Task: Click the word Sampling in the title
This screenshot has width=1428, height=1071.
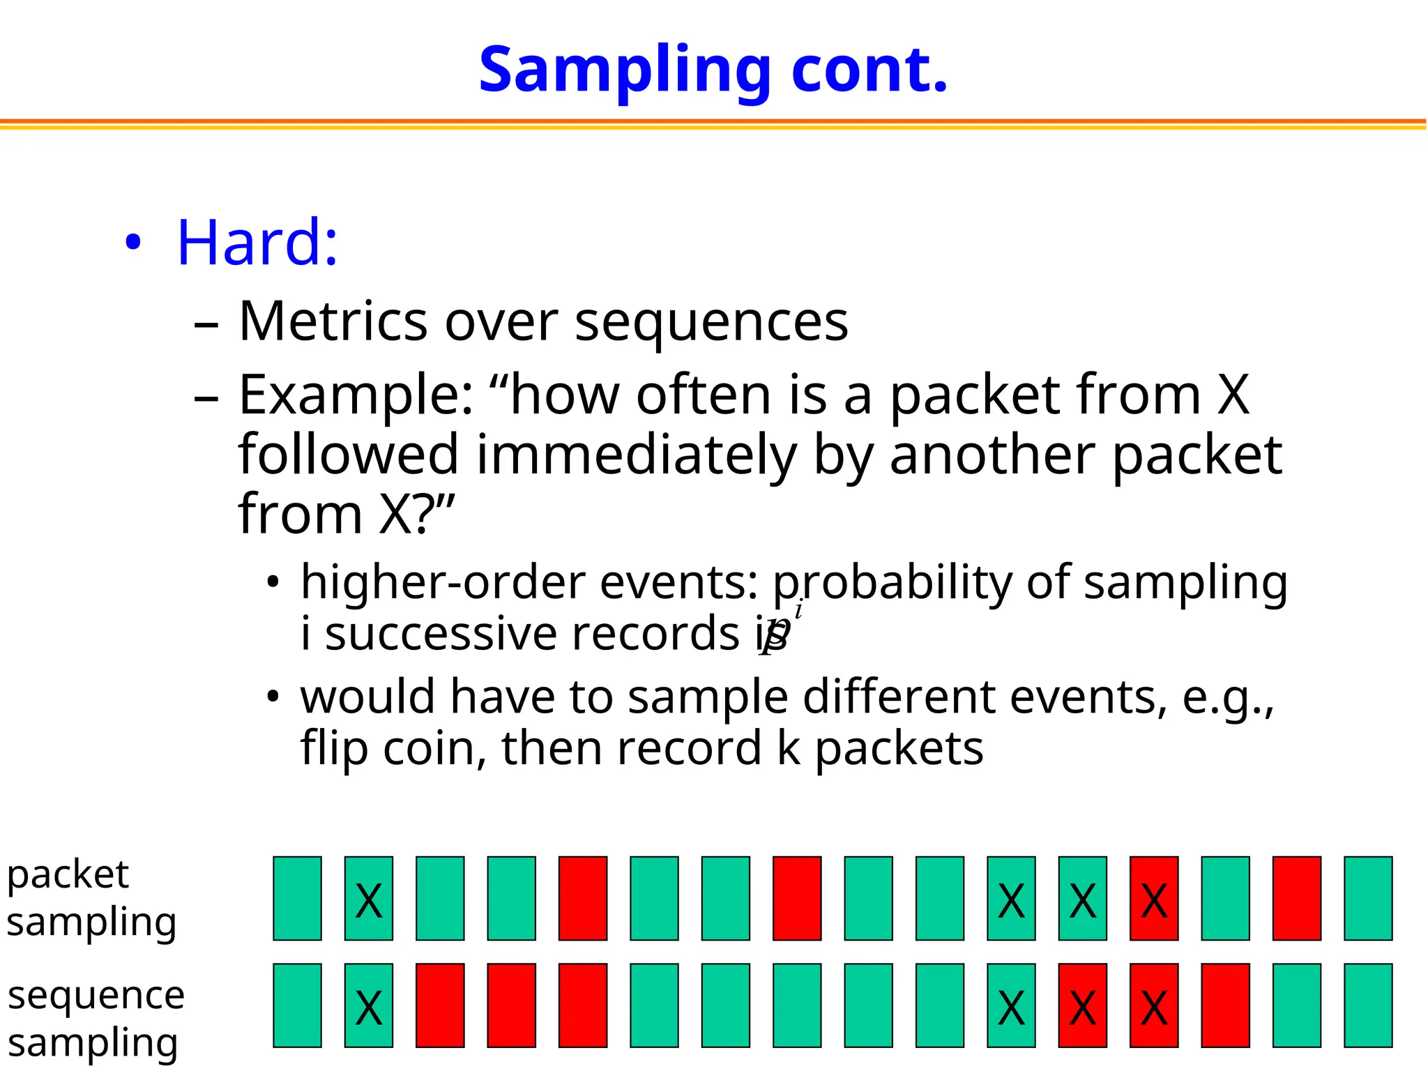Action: pos(624,71)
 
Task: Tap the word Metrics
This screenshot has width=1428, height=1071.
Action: pos(333,321)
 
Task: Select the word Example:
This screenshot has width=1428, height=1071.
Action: pos(356,395)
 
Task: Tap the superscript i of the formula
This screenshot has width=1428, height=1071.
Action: pos(798,611)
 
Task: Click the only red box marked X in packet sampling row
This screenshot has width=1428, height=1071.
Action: pos(1154,899)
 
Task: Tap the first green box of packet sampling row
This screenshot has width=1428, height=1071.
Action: pos(298,899)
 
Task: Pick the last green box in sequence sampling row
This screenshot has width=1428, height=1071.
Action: pos(1368,1005)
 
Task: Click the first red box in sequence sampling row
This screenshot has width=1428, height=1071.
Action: pos(440,1005)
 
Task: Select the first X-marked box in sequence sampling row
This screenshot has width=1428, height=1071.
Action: pos(369,1005)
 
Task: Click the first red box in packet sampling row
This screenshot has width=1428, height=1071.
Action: pos(583,899)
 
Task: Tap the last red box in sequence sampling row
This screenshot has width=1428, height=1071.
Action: pos(1225,1005)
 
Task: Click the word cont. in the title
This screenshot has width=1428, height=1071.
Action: pos(869,71)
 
